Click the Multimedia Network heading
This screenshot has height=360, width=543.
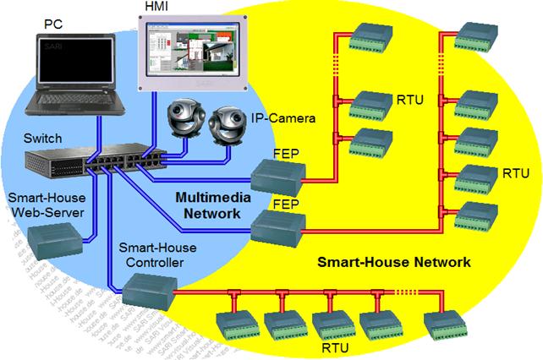click(x=207, y=205)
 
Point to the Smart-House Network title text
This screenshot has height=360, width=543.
click(x=393, y=263)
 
